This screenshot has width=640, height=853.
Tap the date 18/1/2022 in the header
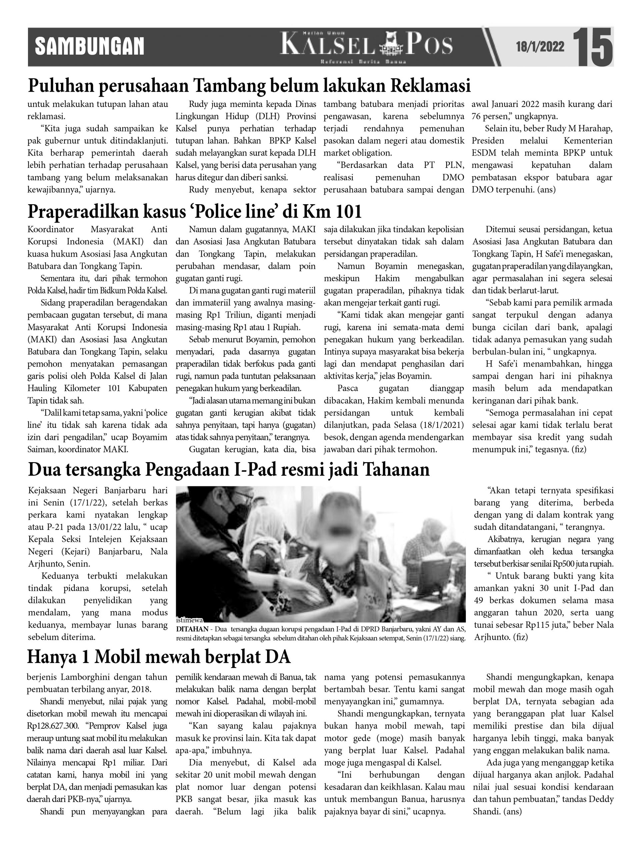click(x=540, y=47)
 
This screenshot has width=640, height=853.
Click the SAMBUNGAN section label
click(x=89, y=47)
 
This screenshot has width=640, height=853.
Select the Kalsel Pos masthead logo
click(x=366, y=46)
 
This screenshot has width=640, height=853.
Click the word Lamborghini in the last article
click(x=86, y=677)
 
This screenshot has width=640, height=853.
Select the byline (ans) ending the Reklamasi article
click(x=546, y=190)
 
